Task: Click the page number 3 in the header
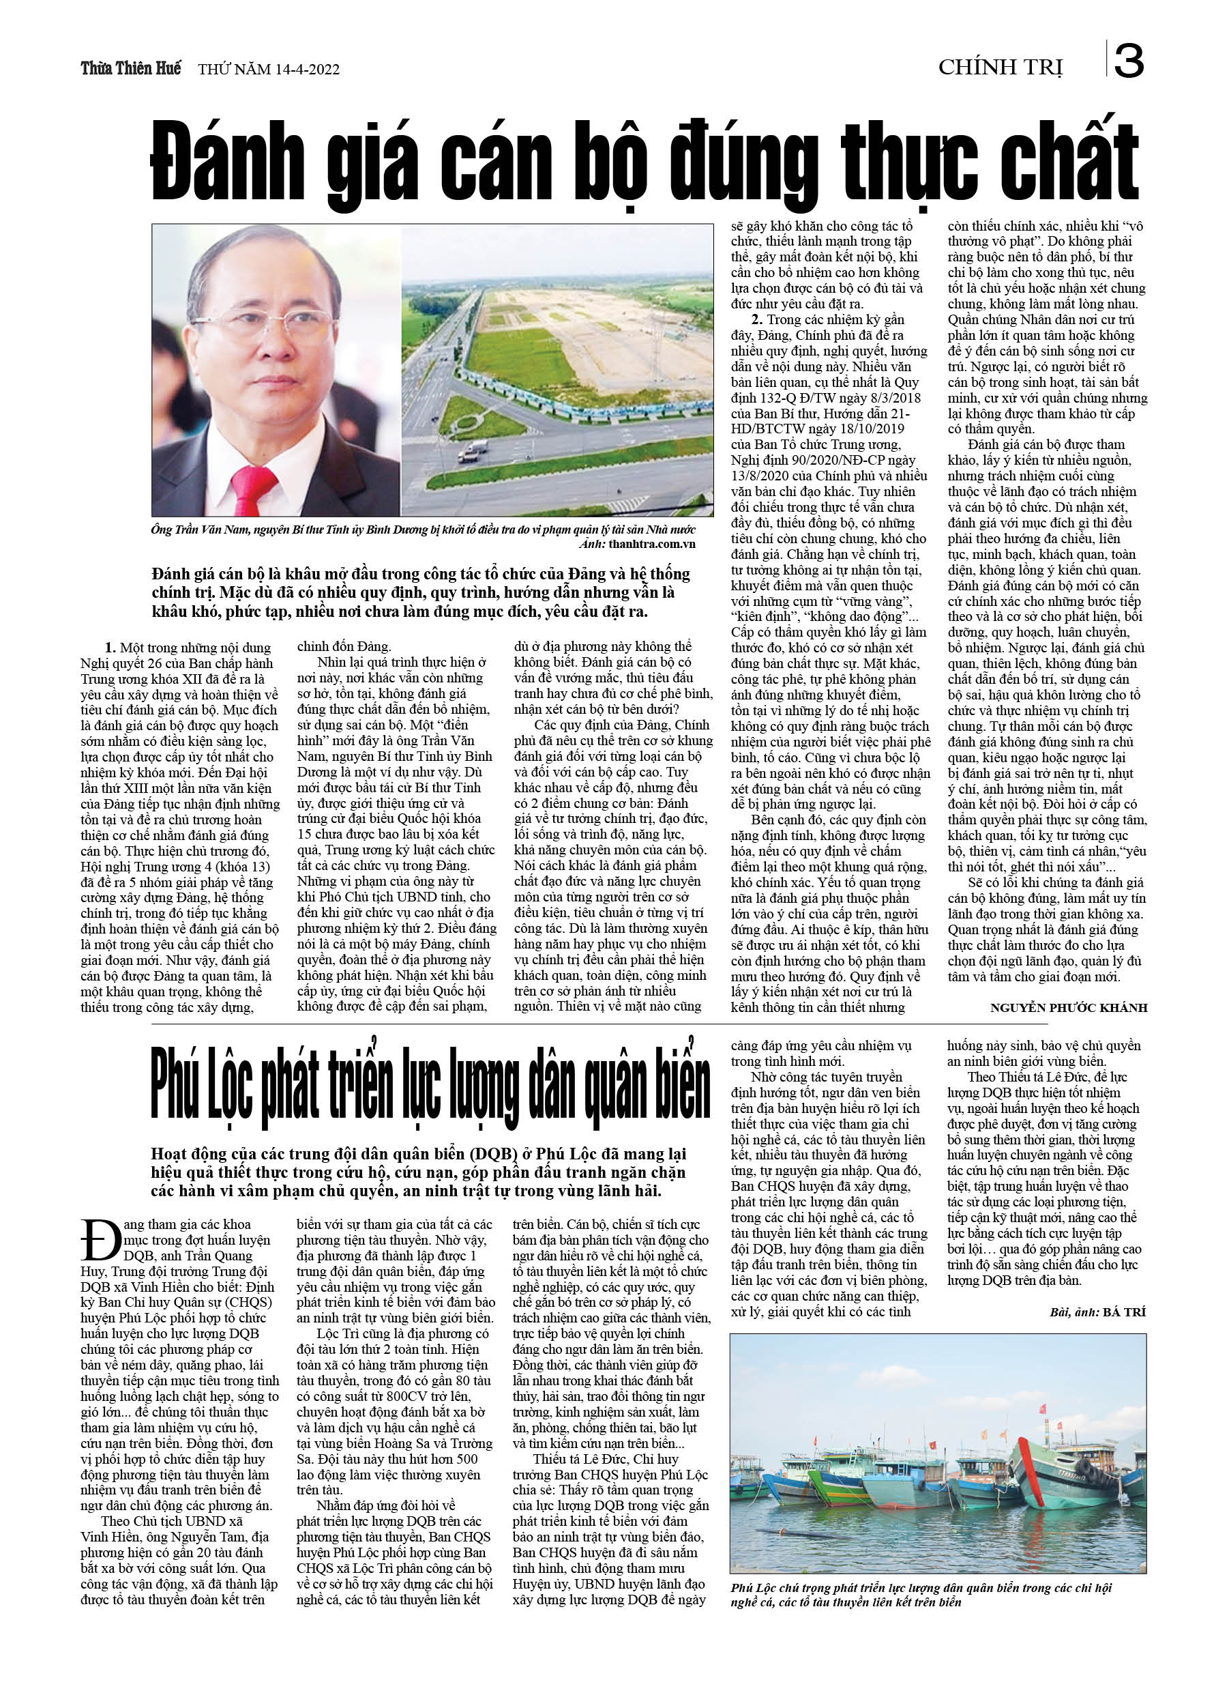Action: [1128, 61]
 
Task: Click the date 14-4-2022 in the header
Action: [307, 70]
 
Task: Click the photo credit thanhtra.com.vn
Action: [651, 544]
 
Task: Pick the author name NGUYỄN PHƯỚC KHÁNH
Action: [1068, 1008]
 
